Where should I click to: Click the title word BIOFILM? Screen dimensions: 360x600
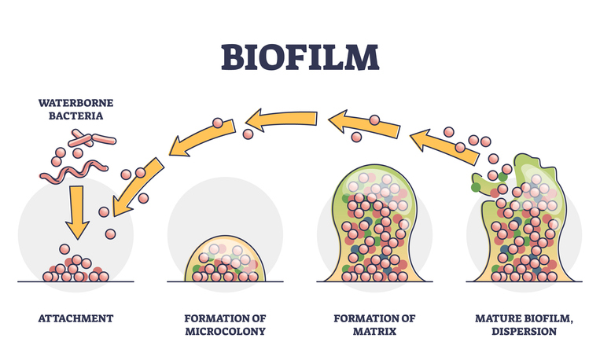point(300,56)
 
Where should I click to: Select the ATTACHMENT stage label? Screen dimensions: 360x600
point(75,318)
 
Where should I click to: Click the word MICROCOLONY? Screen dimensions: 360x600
point(224,332)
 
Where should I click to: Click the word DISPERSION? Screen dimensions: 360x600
point(523,332)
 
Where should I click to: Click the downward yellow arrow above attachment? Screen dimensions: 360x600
point(76,210)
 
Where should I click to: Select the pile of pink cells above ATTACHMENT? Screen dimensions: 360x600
point(75,270)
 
